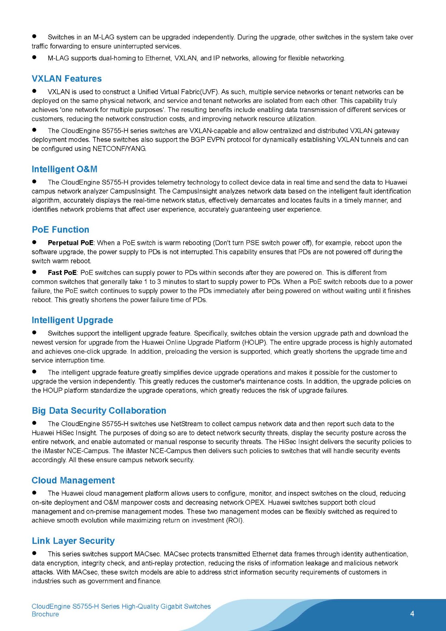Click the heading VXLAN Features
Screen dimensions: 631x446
67,78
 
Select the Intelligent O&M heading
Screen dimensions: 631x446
64,169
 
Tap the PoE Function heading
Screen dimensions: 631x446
60,230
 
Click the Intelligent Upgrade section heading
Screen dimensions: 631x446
72,320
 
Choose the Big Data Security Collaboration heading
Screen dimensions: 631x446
99,411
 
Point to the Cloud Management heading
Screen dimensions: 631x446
73,480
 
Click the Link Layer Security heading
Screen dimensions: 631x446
73,541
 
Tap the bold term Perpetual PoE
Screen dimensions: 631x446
71,243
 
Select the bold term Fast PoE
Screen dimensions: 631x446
62,273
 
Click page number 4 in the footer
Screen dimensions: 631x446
412,614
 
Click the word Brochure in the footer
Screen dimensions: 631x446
45,614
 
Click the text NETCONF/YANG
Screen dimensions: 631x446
119,149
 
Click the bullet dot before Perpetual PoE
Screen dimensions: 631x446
34,242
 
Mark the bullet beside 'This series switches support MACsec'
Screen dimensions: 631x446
34,553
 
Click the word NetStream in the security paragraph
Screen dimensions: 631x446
186,424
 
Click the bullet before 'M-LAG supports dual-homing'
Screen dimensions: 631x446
34,58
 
